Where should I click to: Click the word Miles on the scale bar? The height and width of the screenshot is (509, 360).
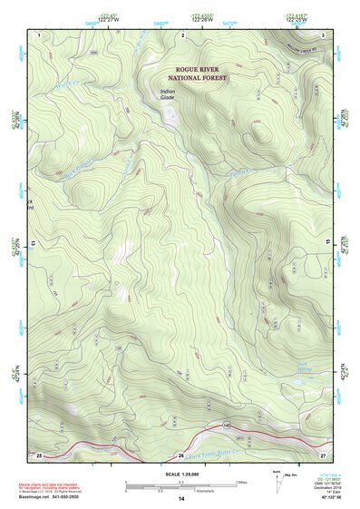pos(240,483)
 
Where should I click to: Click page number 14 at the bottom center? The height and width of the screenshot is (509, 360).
pos(181,500)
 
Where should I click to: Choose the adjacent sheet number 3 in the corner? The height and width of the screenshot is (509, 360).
pos(323,34)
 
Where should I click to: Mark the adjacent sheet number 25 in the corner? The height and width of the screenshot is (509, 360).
pos(39,454)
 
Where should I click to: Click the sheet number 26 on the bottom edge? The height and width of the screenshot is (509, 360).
pos(181,455)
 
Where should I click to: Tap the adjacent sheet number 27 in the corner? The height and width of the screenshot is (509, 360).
pos(323,454)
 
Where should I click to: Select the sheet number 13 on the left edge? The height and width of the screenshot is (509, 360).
pos(34,245)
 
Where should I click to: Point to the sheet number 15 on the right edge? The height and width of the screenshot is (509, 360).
pos(328,245)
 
